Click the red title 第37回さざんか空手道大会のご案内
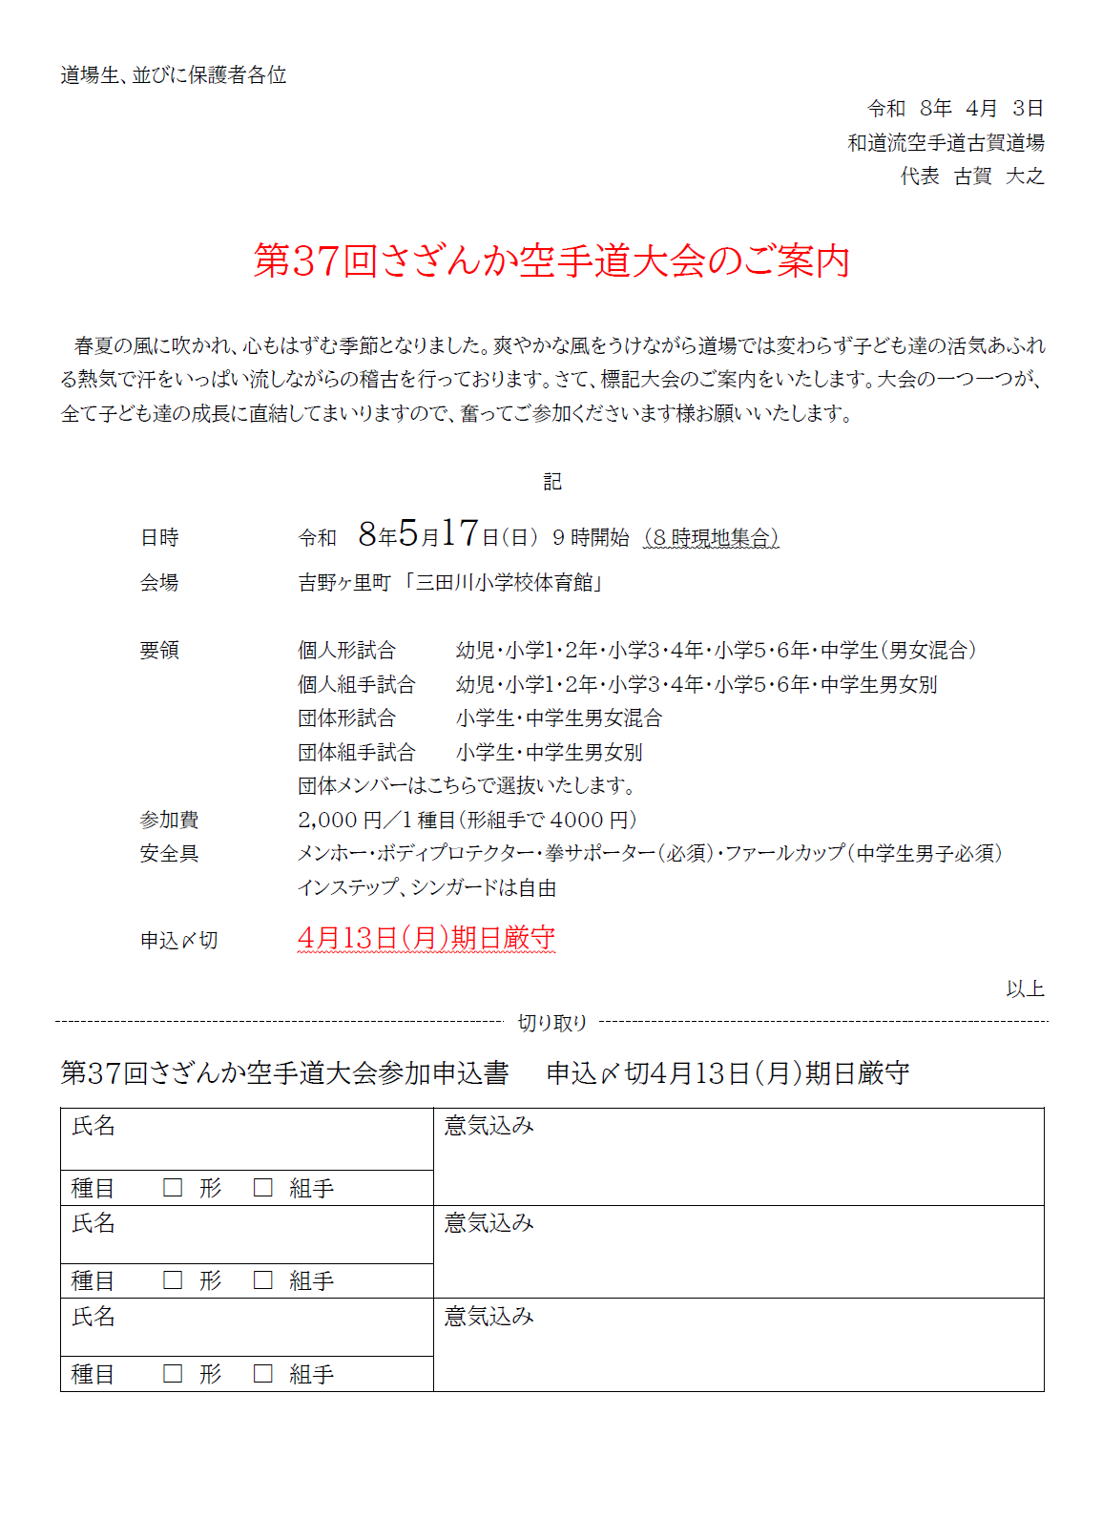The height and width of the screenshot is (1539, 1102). [551, 260]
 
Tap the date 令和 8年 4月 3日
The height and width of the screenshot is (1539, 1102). [954, 109]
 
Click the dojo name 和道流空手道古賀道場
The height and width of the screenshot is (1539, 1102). [946, 143]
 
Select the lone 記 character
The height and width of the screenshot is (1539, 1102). [552, 482]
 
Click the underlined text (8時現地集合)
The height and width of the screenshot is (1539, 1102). [711, 538]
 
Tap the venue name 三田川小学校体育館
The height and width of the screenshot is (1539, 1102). [505, 583]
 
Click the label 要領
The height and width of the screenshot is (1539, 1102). [159, 651]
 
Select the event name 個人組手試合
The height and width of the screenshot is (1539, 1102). [356, 685]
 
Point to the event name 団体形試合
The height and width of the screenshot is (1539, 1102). [346, 718]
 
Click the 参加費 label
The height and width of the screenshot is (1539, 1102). [169, 820]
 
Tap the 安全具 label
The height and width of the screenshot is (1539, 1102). [169, 854]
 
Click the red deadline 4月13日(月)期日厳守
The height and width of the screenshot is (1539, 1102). [426, 939]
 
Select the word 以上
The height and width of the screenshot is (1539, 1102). [1025, 989]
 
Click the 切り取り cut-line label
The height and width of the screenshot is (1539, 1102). [551, 1023]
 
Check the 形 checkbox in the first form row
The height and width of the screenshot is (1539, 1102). [173, 1188]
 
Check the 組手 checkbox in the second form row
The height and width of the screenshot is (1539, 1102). [263, 1280]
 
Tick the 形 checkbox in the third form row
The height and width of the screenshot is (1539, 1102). [173, 1374]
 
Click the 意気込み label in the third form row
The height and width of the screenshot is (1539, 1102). [489, 1317]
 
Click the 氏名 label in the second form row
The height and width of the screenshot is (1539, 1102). [94, 1223]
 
